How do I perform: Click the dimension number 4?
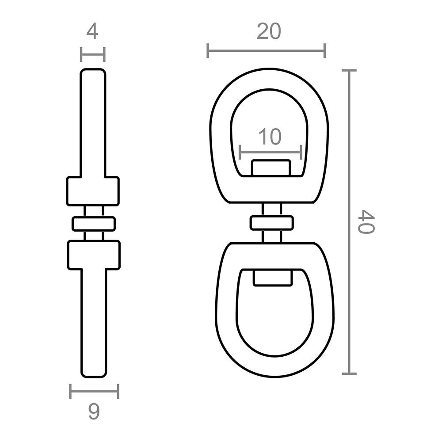[x=92, y=31]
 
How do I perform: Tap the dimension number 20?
[x=269, y=31]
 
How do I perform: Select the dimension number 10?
[x=270, y=137]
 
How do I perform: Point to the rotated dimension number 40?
[x=366, y=221]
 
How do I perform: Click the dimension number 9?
[x=94, y=412]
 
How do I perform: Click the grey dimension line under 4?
[x=92, y=54]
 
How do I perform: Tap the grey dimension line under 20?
[x=267, y=51]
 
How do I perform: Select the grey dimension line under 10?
[x=271, y=152]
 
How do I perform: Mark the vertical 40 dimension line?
[x=349, y=222]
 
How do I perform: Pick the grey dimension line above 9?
[x=94, y=391]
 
